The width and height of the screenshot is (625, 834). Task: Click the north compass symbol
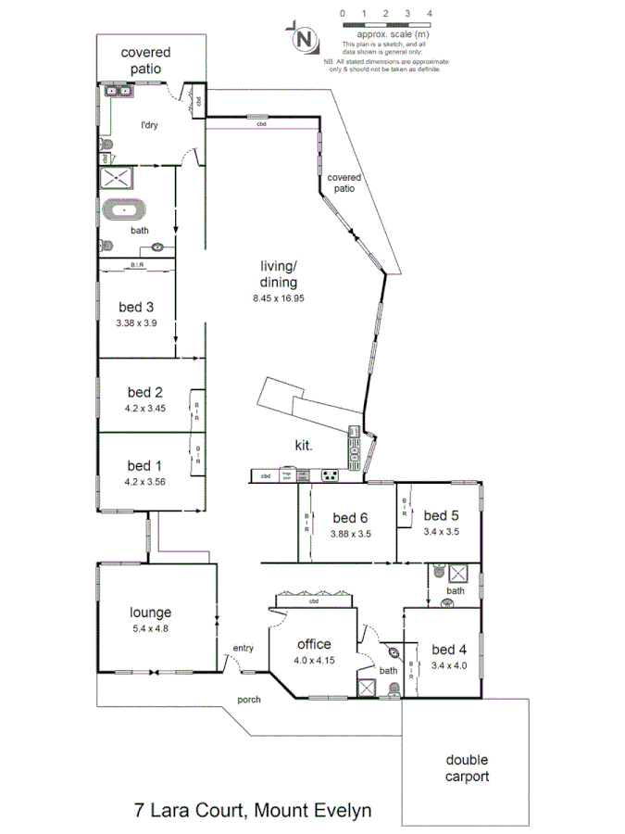pyautogui.click(x=303, y=39)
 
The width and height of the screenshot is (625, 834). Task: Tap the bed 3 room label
pyautogui.click(x=136, y=309)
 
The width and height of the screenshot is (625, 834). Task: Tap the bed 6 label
pyautogui.click(x=351, y=517)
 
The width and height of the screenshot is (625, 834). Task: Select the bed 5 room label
pyautogui.click(x=442, y=515)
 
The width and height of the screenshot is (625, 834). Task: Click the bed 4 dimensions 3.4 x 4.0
pyautogui.click(x=450, y=664)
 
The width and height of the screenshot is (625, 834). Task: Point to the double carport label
pyautogui.click(x=466, y=767)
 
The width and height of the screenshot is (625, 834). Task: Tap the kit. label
pyautogui.click(x=304, y=446)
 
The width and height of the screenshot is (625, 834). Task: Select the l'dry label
pyautogui.click(x=151, y=126)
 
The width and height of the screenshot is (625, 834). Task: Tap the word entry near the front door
pyautogui.click(x=243, y=648)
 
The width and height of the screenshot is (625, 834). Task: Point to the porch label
pyautogui.click(x=248, y=700)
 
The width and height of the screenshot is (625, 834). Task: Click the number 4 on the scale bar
pyautogui.click(x=430, y=14)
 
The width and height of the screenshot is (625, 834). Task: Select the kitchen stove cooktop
pyautogui.click(x=328, y=476)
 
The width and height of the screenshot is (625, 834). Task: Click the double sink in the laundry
pyautogui.click(x=119, y=91)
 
